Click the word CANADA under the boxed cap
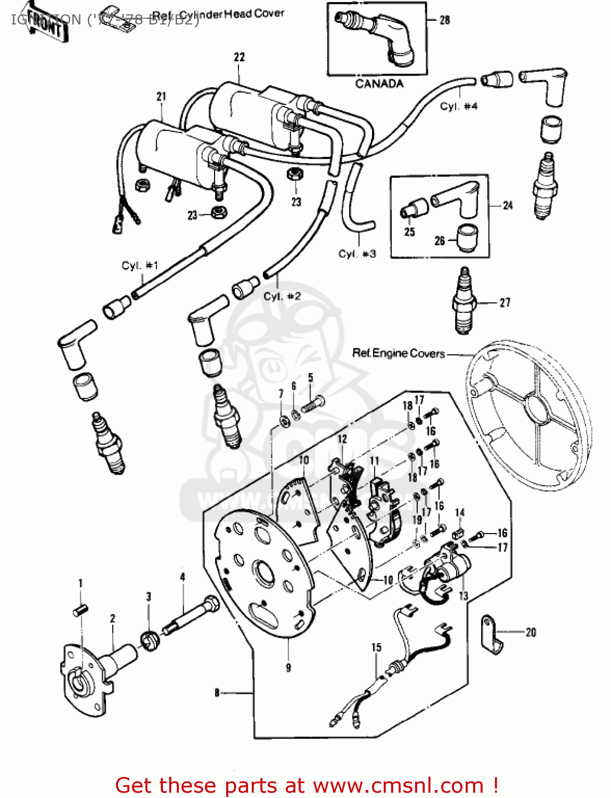pyautogui.click(x=379, y=84)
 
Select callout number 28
pyautogui.click(x=444, y=20)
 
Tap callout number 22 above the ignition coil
pyautogui.click(x=239, y=57)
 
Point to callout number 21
pyautogui.click(x=161, y=96)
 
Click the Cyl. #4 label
pyautogui.click(x=458, y=106)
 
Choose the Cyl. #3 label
pyautogui.click(x=357, y=254)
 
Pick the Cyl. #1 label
pyautogui.click(x=139, y=265)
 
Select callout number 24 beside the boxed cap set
pyautogui.click(x=508, y=205)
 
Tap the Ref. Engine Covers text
pyautogui.click(x=399, y=353)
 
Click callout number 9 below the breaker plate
pyautogui.click(x=288, y=667)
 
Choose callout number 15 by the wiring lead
pyautogui.click(x=376, y=647)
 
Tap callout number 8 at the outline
pyautogui.click(x=217, y=693)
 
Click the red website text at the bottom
pyautogui.click(x=307, y=785)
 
